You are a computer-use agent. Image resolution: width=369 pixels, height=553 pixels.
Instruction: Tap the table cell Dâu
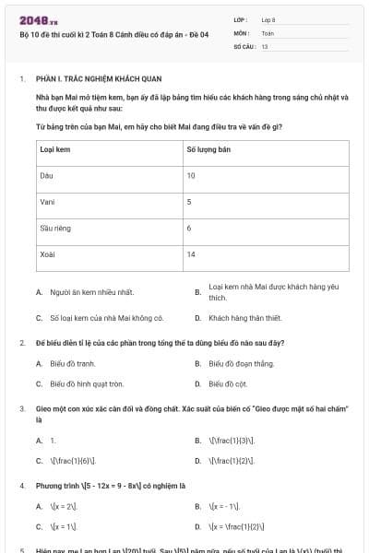[x=46, y=174]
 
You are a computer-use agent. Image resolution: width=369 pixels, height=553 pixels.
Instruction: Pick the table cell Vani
[x=47, y=201]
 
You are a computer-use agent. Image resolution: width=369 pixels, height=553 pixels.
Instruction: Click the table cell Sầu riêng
[x=54, y=227]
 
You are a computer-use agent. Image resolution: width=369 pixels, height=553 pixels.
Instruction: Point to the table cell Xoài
[x=48, y=253]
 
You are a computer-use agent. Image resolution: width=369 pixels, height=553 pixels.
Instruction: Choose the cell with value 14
[x=191, y=253]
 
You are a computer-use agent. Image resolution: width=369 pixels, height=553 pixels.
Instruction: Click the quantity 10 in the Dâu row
[x=191, y=174]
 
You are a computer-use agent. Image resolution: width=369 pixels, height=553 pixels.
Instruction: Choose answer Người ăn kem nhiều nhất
[x=91, y=292]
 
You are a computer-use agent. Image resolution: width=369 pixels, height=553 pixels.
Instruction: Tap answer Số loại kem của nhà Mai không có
[x=107, y=318]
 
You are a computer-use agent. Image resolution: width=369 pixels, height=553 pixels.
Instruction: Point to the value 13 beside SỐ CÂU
[x=265, y=45]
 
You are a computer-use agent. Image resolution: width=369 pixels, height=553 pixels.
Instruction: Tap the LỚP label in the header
[x=241, y=18]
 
